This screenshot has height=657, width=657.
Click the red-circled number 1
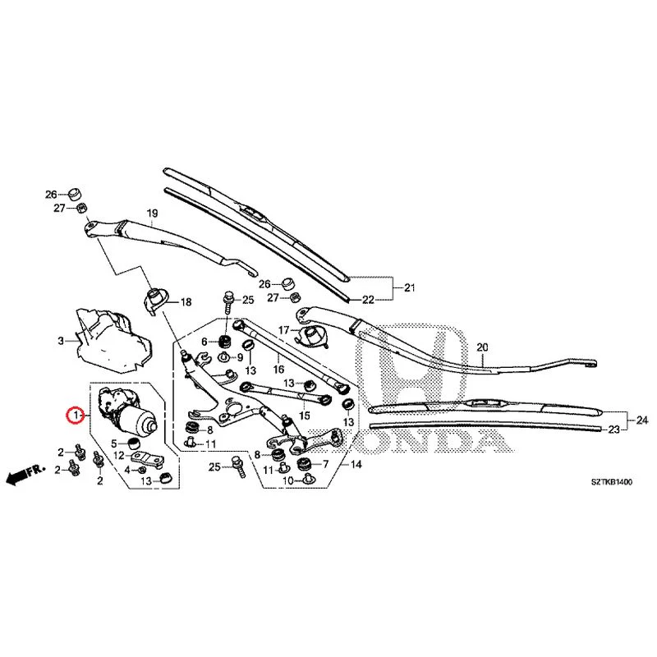click(x=76, y=416)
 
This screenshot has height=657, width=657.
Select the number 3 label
click(x=61, y=341)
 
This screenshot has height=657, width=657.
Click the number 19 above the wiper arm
click(x=152, y=214)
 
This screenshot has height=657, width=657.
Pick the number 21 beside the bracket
click(x=409, y=287)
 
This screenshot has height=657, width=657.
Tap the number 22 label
click(x=368, y=300)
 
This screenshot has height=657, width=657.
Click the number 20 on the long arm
click(x=482, y=347)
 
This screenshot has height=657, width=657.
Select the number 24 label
click(x=642, y=420)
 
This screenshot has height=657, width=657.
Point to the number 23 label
click(x=613, y=430)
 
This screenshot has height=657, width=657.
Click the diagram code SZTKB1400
click(x=612, y=482)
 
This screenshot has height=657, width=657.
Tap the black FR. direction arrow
click(x=25, y=475)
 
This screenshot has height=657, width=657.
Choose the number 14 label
click(x=356, y=464)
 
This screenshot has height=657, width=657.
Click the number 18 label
click(x=186, y=301)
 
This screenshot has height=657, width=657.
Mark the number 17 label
click(x=283, y=330)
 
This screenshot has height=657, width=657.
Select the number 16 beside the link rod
click(x=278, y=369)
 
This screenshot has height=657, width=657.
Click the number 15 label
click(x=305, y=416)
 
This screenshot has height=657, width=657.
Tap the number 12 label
click(x=119, y=455)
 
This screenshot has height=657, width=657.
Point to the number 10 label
click(x=288, y=480)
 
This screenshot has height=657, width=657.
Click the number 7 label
click(x=325, y=464)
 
